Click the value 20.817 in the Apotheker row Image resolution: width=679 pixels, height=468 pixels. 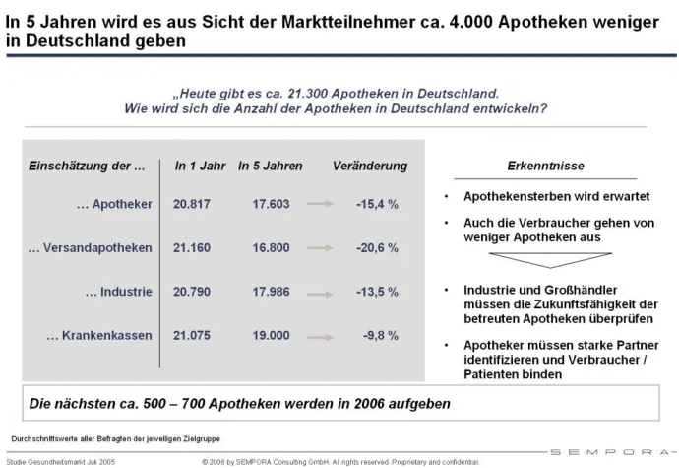[x=191, y=204]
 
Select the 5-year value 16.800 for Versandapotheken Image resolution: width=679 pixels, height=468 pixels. [x=271, y=247]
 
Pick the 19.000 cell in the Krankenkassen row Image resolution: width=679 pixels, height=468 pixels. [x=271, y=335]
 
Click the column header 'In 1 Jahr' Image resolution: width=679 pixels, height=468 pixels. [x=194, y=166]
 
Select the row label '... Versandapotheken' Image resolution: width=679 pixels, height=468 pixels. [x=91, y=247]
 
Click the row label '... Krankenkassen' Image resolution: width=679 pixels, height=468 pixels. [x=99, y=335]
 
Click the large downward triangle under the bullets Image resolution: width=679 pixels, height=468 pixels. [x=548, y=263]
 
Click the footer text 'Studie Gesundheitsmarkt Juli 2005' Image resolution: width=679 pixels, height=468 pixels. [x=61, y=461]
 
